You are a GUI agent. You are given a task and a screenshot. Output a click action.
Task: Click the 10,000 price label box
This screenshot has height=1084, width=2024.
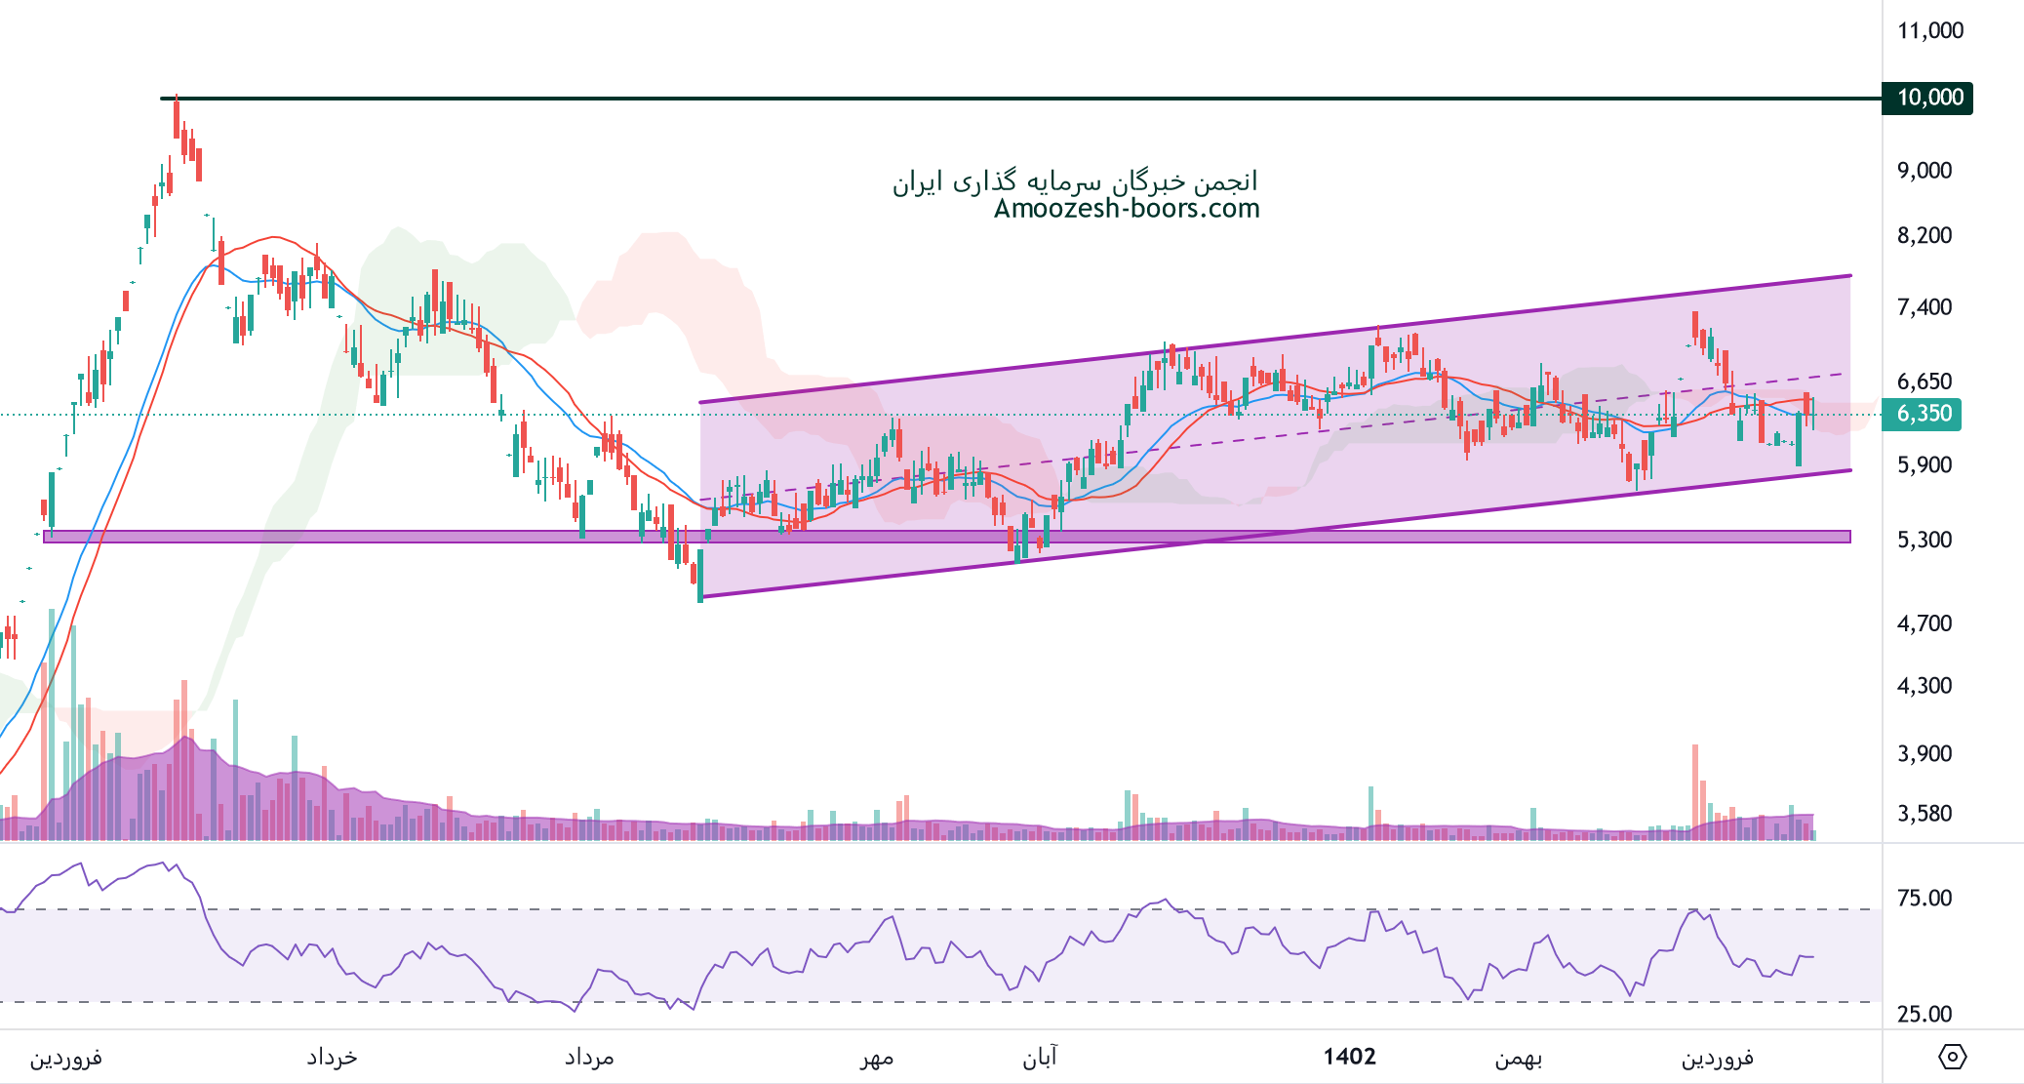coord(1927,98)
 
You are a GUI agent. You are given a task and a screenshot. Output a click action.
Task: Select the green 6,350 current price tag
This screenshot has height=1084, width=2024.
coord(1922,414)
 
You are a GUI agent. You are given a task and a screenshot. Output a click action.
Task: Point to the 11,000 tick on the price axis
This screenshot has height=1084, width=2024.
coord(1929,30)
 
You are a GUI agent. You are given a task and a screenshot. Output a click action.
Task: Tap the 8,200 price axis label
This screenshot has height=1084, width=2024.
coord(1924,235)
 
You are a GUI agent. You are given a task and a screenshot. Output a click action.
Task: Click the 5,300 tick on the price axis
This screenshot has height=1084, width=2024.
coord(1924,540)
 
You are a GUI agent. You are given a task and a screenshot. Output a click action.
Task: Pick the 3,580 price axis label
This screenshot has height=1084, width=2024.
coord(1924,813)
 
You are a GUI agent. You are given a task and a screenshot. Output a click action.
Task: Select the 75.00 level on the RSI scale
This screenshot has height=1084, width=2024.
coord(1924,898)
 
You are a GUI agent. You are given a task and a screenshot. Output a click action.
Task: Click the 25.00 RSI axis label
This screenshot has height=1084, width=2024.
coord(1924,1014)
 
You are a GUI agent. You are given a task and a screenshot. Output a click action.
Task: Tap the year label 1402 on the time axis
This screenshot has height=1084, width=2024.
coord(1349,1057)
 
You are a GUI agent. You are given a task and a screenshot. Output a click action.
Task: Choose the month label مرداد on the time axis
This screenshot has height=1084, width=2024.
coord(589,1058)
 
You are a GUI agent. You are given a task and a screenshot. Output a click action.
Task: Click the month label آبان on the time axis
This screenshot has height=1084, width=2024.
coord(1040,1058)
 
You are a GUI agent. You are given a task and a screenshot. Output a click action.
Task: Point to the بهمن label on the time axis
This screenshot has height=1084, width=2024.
coord(1519,1058)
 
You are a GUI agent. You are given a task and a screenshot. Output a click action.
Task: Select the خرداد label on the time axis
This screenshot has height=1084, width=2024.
coord(332,1058)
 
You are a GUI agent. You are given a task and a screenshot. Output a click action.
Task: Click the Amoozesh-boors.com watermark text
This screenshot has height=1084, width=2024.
coord(1127,208)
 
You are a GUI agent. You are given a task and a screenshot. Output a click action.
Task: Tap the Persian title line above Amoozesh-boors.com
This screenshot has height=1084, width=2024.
coord(1075,181)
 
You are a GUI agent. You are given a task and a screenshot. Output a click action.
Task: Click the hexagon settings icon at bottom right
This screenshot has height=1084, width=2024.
coord(1952,1057)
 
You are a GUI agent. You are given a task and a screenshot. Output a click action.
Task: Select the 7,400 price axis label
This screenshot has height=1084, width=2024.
coord(1924,306)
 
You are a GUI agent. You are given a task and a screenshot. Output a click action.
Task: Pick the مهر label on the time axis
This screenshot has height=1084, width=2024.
coord(876,1058)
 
